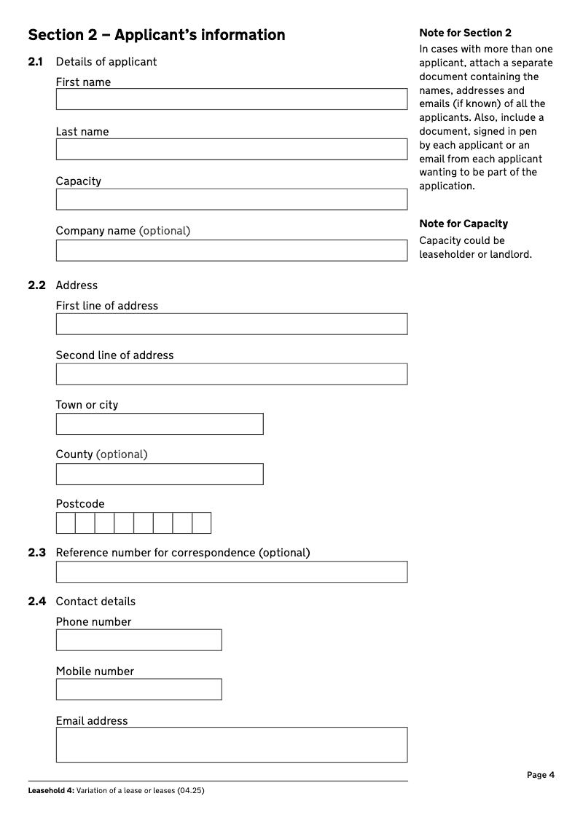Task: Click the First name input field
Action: click(x=232, y=99)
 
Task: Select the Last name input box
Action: click(x=232, y=149)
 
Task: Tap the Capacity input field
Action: click(x=232, y=199)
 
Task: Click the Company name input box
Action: click(x=232, y=250)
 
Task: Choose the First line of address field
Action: click(x=232, y=324)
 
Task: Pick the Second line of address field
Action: click(x=232, y=374)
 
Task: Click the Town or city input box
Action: click(x=160, y=424)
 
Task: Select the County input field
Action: click(x=160, y=473)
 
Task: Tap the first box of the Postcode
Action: click(x=66, y=523)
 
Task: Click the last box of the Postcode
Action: click(x=202, y=523)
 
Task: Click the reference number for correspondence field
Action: click(x=232, y=572)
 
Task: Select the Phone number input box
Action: click(x=138, y=640)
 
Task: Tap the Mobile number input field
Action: click(x=138, y=690)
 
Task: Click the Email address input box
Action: click(x=232, y=744)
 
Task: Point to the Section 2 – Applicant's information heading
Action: click(x=157, y=35)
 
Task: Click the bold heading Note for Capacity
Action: click(x=463, y=224)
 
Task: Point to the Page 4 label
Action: click(x=541, y=775)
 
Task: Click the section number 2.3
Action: click(x=37, y=553)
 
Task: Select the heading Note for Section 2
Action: click(x=466, y=33)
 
